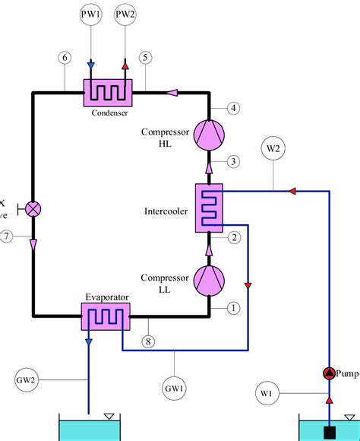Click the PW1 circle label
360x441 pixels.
coord(90,15)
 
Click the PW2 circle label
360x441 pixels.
coord(126,15)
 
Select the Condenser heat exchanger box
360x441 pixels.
coord(108,94)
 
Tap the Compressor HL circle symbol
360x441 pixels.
coord(208,135)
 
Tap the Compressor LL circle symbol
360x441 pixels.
coord(208,281)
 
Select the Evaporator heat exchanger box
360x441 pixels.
coord(106,316)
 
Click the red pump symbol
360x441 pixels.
coord(329,373)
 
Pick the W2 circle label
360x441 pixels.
coord(273,148)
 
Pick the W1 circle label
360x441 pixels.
coord(265,392)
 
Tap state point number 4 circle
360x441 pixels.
coord(235,108)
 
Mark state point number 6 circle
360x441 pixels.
coord(65,58)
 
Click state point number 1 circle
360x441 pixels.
coord(234,308)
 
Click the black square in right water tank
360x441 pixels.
coord(330,433)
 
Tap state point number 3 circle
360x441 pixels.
coord(235,160)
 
